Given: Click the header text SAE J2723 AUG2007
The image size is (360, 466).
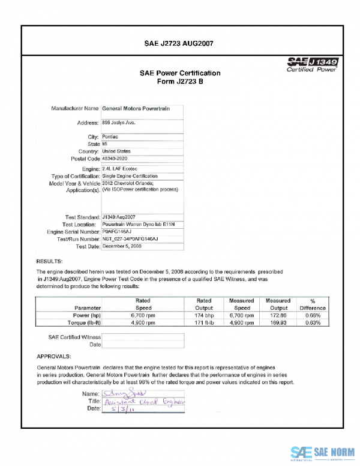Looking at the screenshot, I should tap(179, 43).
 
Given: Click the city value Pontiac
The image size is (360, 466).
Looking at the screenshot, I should tap(111, 137).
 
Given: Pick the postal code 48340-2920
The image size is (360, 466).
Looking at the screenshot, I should tap(116, 159).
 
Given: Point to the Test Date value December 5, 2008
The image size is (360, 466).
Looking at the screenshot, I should tap(122, 246).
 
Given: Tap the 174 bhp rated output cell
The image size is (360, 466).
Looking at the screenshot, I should tap(205, 315).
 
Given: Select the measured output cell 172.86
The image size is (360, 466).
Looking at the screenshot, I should tap(278, 315).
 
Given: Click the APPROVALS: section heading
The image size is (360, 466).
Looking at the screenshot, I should tap(55, 356).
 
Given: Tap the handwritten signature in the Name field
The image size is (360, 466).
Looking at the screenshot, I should tap(116, 393).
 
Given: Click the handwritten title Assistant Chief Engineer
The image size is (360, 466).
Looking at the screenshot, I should tap(144, 401).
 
